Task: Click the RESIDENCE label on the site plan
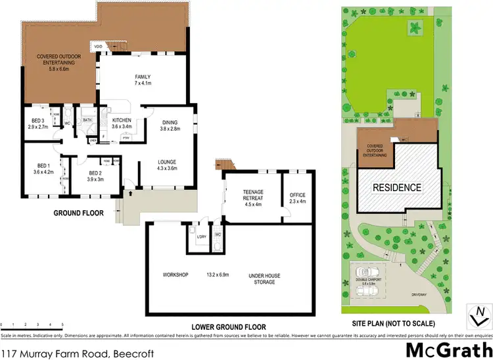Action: tap(397, 187)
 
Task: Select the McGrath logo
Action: tap(450, 349)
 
